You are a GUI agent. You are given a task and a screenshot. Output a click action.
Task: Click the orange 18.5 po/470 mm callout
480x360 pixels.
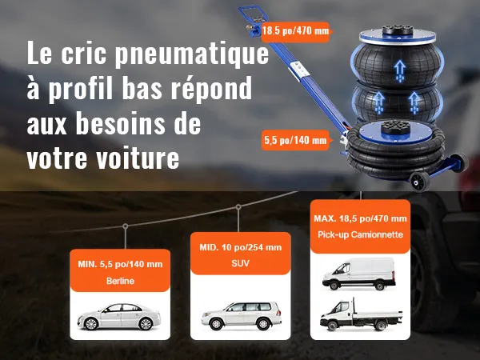(x=295, y=31)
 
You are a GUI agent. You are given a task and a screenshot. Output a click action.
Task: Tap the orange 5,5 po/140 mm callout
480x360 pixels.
(x=295, y=140)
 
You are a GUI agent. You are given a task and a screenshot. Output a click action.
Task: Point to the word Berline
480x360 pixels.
(x=120, y=281)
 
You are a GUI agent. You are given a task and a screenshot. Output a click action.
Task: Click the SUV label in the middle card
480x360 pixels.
(x=240, y=263)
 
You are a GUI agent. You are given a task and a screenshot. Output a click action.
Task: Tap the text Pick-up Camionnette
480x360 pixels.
(x=360, y=234)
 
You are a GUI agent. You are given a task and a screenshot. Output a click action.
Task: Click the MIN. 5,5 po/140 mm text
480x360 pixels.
(x=120, y=264)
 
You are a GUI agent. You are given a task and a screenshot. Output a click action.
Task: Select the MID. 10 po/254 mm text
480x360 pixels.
(x=240, y=247)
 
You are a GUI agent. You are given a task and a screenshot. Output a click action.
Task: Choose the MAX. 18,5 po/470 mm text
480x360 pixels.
(x=360, y=218)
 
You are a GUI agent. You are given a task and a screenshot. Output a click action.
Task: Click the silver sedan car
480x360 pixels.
(x=119, y=316)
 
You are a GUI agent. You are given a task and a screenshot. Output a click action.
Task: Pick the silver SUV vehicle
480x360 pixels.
(x=242, y=315)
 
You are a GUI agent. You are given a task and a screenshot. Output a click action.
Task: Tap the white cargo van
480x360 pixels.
(x=359, y=274)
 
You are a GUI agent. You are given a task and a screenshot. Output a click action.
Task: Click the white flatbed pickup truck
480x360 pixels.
(x=361, y=315)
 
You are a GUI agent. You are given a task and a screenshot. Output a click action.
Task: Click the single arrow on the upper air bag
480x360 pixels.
(x=399, y=71)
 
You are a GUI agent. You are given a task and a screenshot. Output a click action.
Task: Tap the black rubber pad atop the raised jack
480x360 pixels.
(x=398, y=30)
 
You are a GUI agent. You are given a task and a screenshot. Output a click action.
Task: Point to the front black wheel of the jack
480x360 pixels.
(x=420, y=182)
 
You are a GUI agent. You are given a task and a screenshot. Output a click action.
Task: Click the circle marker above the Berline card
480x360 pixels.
(x=126, y=226)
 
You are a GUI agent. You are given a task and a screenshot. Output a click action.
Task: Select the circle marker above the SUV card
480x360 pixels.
(x=238, y=207)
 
